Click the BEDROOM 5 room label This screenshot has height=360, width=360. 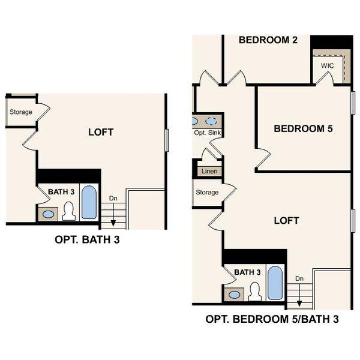point(303,128)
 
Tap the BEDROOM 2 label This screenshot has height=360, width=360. point(268,40)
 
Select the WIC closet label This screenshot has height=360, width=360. point(327,65)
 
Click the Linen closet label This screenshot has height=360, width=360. point(209,171)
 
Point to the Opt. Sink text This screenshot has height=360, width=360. point(208,133)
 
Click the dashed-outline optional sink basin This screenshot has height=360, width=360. point(211,121)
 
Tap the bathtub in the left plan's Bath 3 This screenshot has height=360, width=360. point(89,202)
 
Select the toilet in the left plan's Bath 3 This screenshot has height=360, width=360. point(69,211)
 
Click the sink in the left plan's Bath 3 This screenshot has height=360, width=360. point(48,214)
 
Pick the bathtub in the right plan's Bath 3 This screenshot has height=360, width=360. point(275,283)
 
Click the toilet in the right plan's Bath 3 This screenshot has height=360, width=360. point(255,292)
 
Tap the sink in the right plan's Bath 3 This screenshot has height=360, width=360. point(235,295)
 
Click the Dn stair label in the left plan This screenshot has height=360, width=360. point(113,198)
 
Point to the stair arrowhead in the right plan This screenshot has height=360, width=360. point(299,304)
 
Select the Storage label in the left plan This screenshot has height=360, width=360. point(20,112)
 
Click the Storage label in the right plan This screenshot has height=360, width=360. point(207,192)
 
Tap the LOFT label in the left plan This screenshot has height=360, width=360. point(101,132)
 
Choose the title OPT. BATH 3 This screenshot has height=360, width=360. point(87,239)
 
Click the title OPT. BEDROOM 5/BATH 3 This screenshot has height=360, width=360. point(272,319)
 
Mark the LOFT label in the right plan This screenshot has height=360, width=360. point(287,221)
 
